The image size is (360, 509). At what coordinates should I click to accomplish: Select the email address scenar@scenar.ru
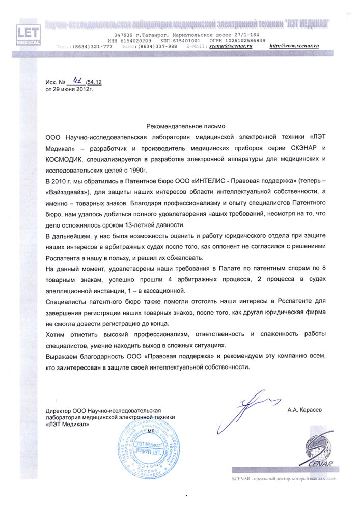(x=234, y=46)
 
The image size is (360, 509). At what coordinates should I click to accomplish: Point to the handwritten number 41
(x=78, y=80)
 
